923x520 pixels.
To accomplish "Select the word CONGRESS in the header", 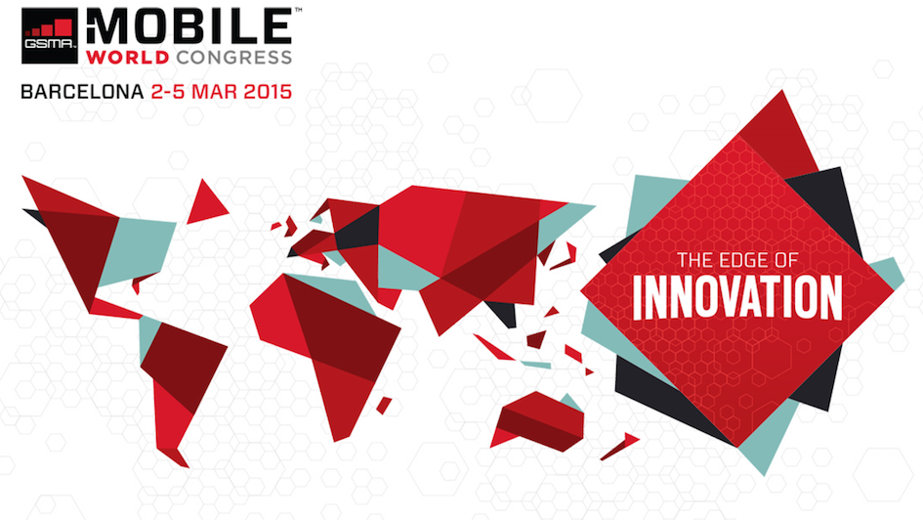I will (231, 57).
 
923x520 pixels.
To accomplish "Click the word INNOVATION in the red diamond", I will (737, 299).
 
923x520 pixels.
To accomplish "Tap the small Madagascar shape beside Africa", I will (384, 404).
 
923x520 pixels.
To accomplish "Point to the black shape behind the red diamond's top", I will (830, 205).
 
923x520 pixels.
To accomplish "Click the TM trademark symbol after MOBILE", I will (297, 10).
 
